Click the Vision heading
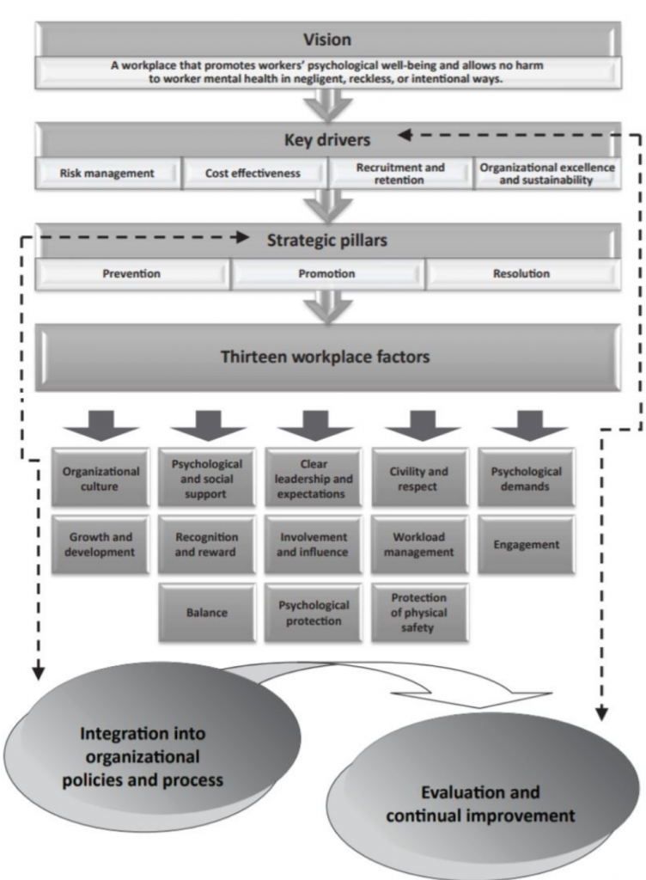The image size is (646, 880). click(x=326, y=39)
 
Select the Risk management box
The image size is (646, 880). click(x=107, y=173)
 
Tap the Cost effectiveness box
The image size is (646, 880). click(x=253, y=173)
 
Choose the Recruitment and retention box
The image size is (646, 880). click(x=400, y=173)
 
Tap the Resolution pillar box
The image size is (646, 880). click(x=521, y=274)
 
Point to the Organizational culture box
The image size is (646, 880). click(x=101, y=478)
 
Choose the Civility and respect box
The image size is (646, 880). click(x=419, y=478)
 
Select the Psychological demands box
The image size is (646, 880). click(x=526, y=478)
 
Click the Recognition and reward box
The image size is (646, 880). click(x=206, y=544)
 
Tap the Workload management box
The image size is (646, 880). click(x=419, y=544)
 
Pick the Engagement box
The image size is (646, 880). click(x=526, y=544)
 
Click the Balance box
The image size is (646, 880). click(x=206, y=613)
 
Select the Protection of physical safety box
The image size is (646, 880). click(x=419, y=612)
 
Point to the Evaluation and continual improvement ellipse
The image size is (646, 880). click(x=480, y=804)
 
